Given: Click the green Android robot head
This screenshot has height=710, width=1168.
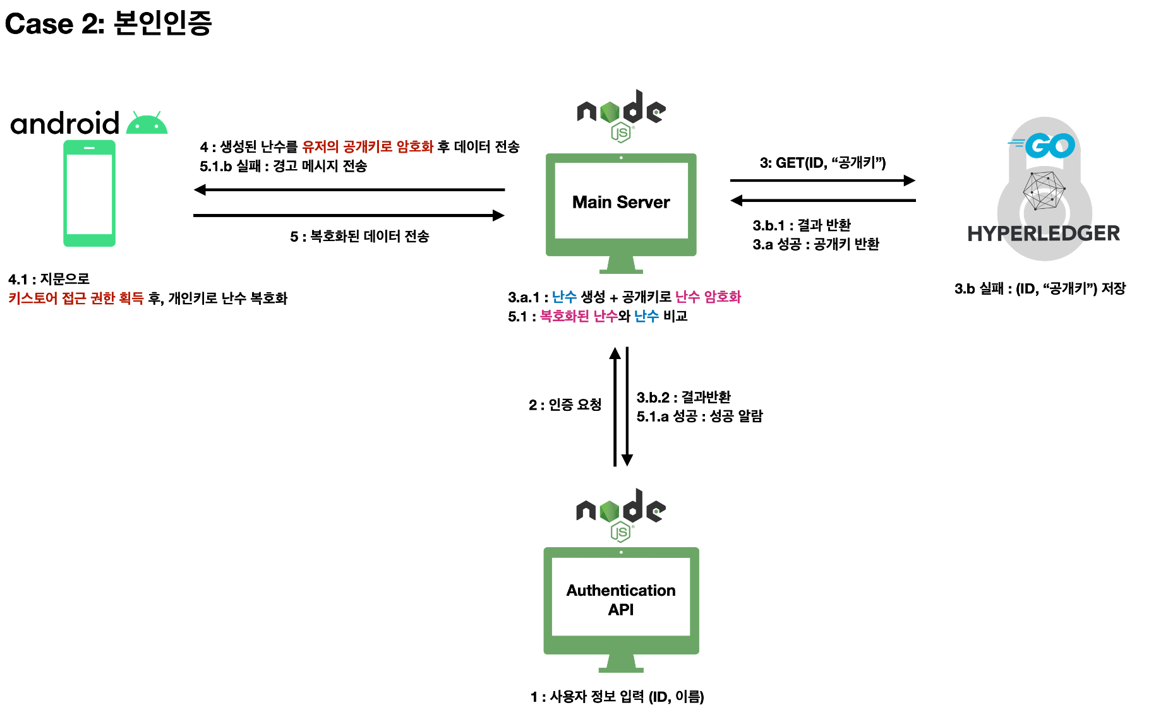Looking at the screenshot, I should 147,125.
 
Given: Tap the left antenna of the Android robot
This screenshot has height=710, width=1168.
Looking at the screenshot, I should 135,114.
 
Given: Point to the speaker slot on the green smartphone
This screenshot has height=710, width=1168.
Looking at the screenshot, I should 89,148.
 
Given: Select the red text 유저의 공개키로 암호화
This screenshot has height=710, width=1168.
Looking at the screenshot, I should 368,147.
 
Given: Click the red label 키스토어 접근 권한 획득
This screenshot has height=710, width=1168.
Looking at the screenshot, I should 76,298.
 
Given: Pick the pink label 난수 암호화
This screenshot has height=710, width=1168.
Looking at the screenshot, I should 707,297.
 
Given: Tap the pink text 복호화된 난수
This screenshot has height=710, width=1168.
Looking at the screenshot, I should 579,316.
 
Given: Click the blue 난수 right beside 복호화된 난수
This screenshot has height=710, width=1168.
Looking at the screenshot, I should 646,316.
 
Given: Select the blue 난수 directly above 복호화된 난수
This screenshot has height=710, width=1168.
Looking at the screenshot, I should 564,297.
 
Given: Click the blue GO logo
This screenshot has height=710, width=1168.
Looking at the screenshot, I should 1049,146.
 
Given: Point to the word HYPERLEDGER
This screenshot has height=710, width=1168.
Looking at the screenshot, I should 1044,234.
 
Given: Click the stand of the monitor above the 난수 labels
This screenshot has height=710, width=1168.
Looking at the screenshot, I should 621,264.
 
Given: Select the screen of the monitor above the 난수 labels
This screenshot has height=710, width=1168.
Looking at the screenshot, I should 621,200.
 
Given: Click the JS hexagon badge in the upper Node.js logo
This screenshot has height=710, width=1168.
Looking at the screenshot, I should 622,133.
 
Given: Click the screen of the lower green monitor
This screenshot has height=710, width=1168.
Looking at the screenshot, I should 621,596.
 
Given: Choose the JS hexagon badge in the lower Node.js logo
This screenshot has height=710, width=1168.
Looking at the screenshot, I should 621,532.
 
